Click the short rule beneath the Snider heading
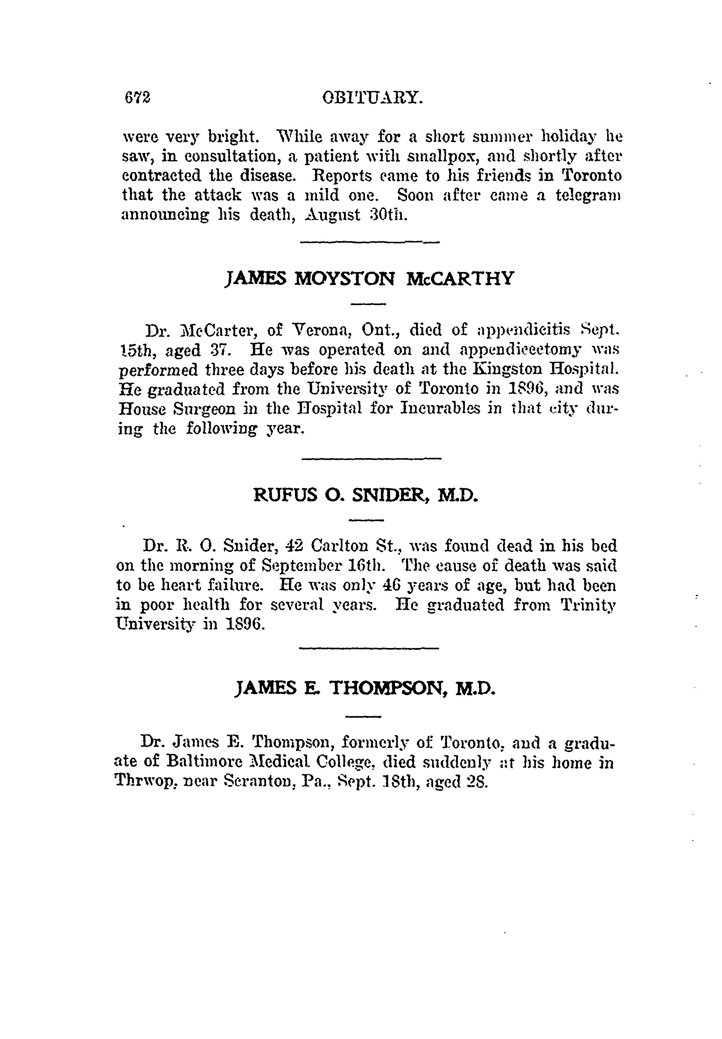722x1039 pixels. (367, 520)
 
